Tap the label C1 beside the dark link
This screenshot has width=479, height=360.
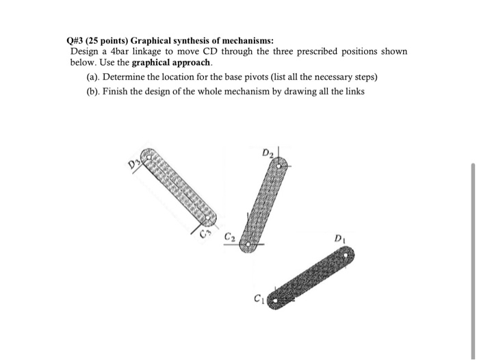[258, 298]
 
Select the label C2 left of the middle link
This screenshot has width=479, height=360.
[229, 237]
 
